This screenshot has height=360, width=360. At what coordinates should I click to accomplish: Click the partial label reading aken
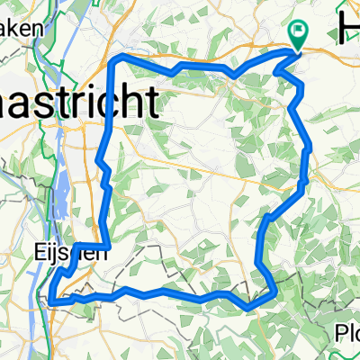(22, 28)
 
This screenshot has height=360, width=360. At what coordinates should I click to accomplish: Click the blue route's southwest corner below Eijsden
(51, 302)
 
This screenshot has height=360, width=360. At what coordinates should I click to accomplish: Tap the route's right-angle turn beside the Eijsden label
(108, 245)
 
